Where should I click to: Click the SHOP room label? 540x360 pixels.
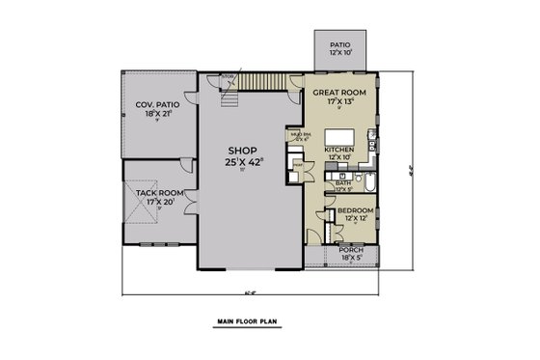[242, 151]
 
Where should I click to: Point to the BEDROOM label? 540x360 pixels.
[356, 209]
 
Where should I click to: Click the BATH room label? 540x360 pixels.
[343, 182]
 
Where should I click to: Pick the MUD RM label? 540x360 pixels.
[300, 134]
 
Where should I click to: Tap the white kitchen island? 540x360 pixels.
[344, 135]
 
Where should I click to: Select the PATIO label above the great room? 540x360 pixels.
[339, 44]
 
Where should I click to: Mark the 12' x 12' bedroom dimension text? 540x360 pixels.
[356, 218]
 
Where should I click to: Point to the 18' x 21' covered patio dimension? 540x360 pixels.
[155, 113]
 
